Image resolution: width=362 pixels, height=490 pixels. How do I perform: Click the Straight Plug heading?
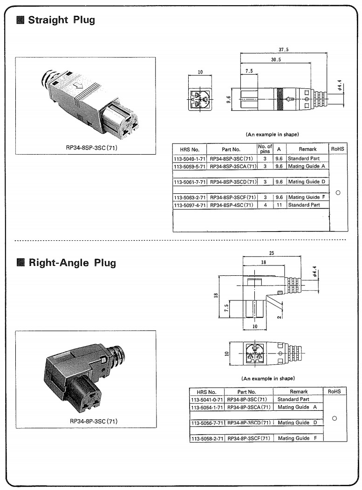[x=61, y=20]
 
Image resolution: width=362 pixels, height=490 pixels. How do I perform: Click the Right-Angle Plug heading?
[x=72, y=262]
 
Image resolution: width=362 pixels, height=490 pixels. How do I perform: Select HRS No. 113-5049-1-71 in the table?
[x=189, y=159]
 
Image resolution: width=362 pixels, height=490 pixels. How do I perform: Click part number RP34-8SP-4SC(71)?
[x=232, y=205]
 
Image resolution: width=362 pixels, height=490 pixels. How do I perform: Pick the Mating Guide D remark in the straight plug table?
[x=307, y=182]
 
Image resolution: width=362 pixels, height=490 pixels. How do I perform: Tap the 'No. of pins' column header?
[x=265, y=149]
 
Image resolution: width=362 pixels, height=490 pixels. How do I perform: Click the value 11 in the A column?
[x=279, y=205]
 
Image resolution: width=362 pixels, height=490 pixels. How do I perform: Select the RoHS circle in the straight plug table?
[x=338, y=192]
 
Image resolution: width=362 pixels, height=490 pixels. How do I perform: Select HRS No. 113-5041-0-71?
[x=207, y=399]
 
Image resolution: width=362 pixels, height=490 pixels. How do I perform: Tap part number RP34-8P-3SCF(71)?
[x=249, y=438]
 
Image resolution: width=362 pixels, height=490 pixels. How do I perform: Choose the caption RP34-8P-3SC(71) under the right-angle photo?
[x=93, y=421]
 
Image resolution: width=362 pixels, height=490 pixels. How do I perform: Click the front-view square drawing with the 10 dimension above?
[x=199, y=98]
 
